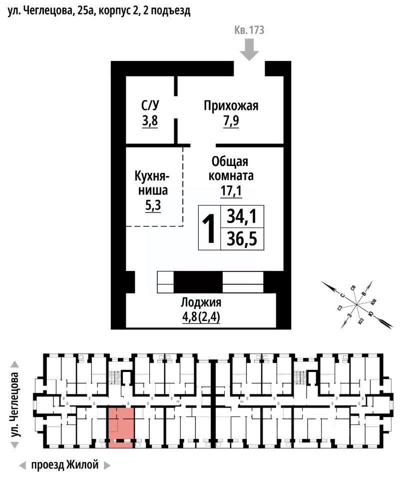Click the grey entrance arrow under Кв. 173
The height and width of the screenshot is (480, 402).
tap(249, 50)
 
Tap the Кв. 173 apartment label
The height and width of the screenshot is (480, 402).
tap(249, 30)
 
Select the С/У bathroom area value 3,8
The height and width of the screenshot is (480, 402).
tap(150, 120)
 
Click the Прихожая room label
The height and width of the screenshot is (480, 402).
tap(231, 106)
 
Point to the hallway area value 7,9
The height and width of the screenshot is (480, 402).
tap(231, 120)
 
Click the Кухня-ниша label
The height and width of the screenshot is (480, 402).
tap(152, 183)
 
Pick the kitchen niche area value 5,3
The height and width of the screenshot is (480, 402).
tap(153, 205)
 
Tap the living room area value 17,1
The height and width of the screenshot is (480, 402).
tap(231, 190)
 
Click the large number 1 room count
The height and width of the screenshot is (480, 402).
tap(210, 228)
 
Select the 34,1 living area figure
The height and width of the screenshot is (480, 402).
tap(242, 216)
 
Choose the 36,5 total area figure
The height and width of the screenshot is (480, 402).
tap(242, 239)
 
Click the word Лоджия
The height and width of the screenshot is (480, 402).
tap(201, 302)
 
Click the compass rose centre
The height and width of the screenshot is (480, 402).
tap(357, 304)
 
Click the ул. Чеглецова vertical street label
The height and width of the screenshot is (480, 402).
tap(15, 405)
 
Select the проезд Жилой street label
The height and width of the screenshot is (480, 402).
tap(65, 464)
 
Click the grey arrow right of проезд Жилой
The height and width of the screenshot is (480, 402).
tap(107, 465)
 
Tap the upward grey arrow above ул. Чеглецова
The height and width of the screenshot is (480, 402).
tap(15, 364)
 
